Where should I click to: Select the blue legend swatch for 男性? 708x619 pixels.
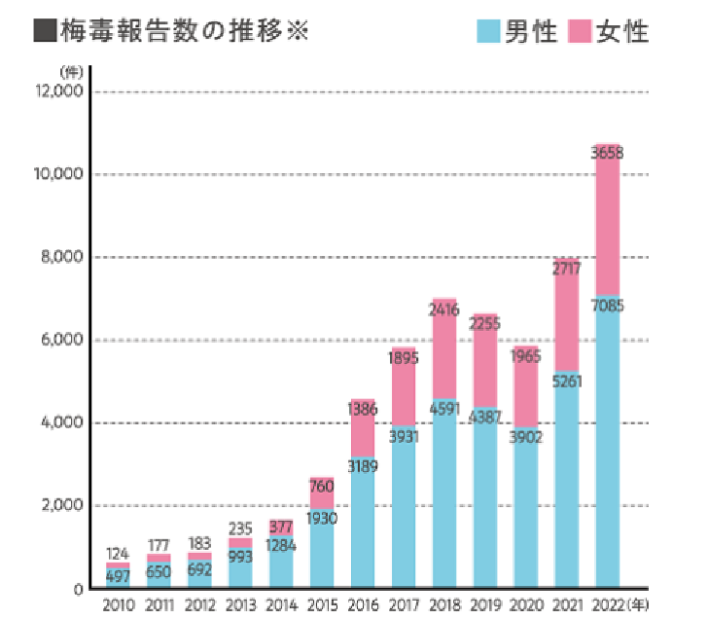tap(489, 32)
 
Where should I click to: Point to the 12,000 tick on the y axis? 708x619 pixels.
tap(59, 91)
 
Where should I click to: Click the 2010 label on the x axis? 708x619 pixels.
tap(118, 604)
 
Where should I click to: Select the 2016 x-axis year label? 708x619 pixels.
tap(363, 604)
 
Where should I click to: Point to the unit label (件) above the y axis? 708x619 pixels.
tap(70, 71)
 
